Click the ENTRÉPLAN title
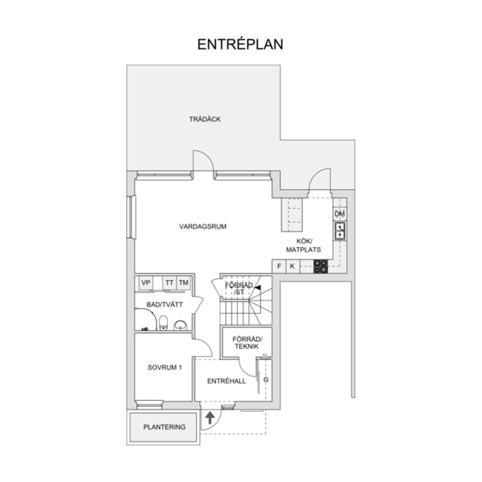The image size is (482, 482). (240, 44)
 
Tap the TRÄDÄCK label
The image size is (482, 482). (205, 119)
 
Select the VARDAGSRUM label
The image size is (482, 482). (203, 226)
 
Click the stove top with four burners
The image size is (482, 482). (321, 266)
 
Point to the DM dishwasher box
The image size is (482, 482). (340, 214)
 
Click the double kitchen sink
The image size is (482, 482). (340, 231)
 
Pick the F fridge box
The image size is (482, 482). (279, 266)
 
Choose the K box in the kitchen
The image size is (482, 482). (292, 266)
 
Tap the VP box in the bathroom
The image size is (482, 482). (146, 283)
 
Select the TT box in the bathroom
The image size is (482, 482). (169, 283)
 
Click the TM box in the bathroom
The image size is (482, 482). (184, 283)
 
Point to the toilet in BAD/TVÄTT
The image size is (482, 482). (164, 322)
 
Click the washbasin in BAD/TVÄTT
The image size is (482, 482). (180, 325)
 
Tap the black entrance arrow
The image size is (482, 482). (210, 418)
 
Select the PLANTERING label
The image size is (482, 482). (165, 427)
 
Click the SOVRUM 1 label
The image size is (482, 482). (165, 368)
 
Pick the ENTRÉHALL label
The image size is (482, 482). (226, 381)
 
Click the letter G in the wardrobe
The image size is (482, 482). (266, 380)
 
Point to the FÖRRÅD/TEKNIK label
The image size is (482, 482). (247, 343)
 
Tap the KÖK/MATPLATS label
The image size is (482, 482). (303, 246)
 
